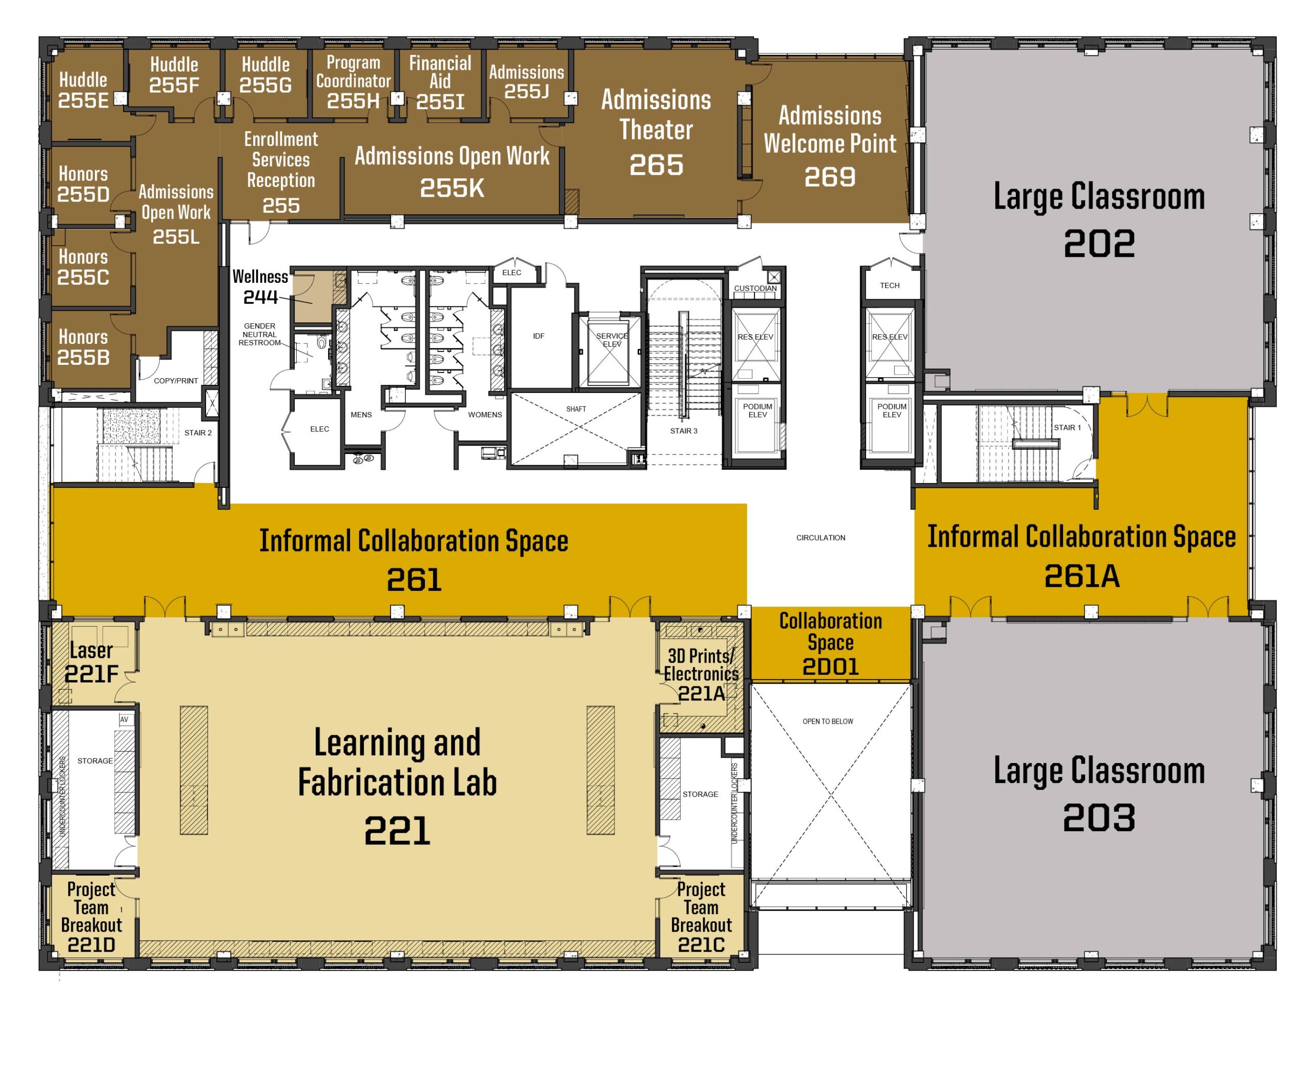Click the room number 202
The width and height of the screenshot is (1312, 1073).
1099,243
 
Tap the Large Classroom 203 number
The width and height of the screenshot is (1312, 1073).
1099,817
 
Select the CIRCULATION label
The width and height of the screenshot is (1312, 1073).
821,538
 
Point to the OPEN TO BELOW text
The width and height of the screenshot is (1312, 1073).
828,721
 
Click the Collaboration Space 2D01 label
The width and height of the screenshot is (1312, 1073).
830,644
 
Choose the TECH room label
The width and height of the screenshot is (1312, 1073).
890,285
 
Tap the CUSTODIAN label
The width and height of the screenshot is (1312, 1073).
755,288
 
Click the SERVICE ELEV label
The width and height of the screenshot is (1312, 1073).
611,340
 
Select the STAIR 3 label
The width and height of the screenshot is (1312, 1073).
683,431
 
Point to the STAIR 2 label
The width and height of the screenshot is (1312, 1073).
198,432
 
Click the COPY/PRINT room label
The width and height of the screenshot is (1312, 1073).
176,381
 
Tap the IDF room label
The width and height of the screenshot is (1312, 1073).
539,336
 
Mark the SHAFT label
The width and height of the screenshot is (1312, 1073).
576,409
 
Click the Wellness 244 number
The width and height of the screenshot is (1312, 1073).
260,297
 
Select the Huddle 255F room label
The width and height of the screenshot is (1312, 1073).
174,75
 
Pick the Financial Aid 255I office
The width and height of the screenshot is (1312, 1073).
440,82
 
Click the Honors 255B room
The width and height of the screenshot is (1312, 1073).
83,347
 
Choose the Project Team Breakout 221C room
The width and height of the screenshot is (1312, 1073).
701,917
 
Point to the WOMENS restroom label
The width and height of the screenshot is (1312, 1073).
485,415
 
